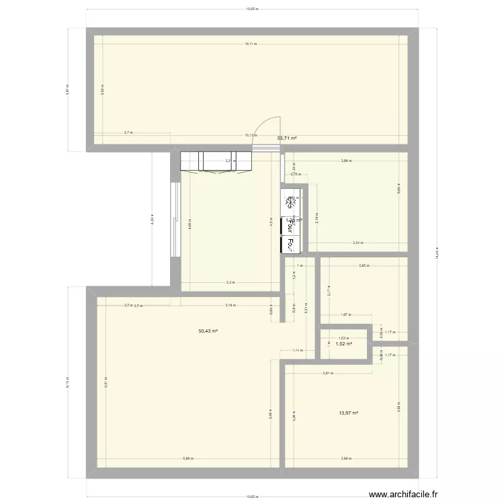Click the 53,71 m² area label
287,138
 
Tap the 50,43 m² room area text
208,331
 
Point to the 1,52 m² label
344,343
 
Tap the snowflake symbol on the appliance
291,202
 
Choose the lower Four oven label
291,244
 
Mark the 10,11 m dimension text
250,44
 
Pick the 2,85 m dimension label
363,266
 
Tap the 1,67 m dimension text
345,314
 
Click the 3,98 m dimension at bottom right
345,459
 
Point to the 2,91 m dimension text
327,374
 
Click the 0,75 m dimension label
294,175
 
